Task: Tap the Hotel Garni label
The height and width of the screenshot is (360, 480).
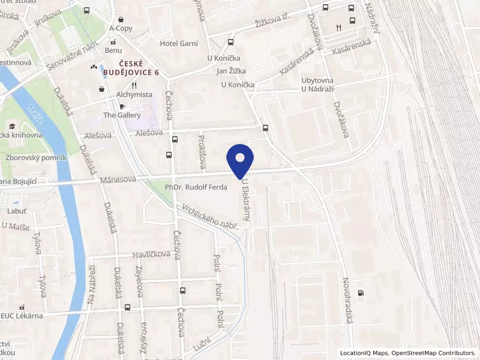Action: pos(178,44)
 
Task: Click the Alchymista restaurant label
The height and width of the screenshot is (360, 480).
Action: pos(134,94)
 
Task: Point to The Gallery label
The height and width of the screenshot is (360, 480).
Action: pos(122,115)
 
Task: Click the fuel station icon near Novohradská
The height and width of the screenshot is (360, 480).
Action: pos(360,293)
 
